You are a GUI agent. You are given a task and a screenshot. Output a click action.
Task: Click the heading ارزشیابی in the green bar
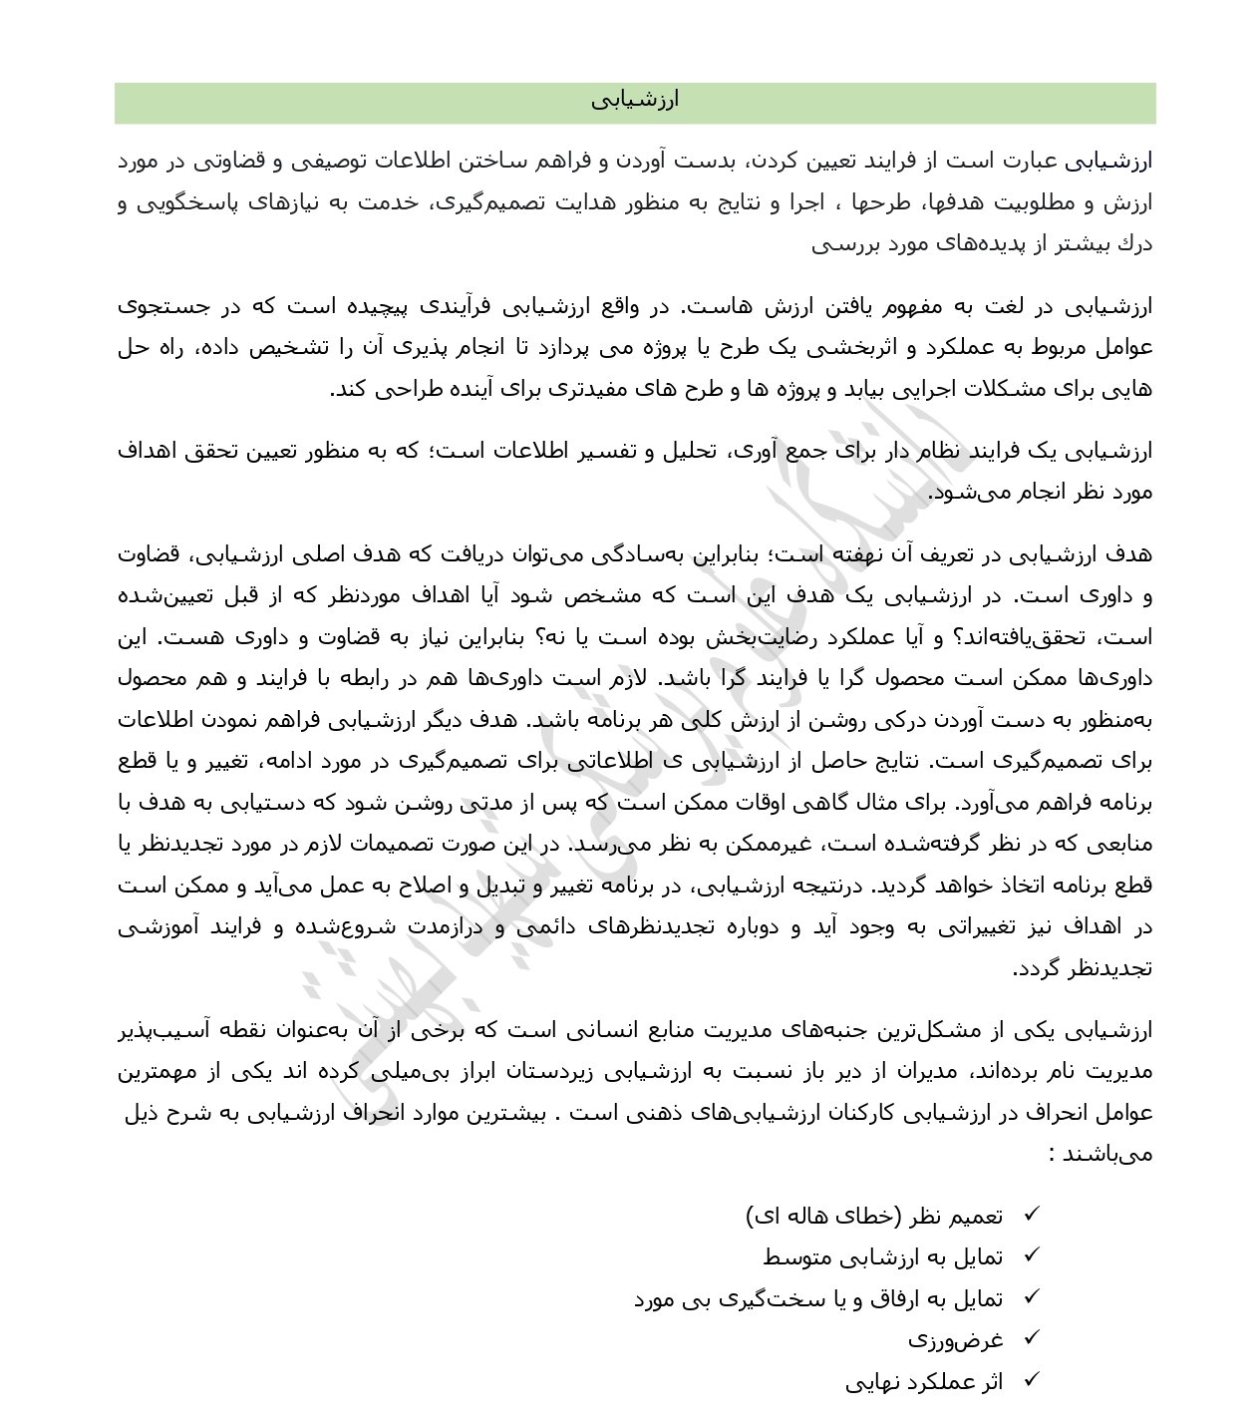tap(634, 100)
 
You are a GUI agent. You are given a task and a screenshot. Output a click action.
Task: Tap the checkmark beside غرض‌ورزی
tap(1031, 1338)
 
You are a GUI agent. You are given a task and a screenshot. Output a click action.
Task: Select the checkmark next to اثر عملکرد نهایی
tap(1031, 1380)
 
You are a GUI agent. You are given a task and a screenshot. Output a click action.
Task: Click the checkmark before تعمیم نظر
tap(1031, 1215)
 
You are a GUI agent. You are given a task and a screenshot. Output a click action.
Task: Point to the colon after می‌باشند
tap(1053, 1155)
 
